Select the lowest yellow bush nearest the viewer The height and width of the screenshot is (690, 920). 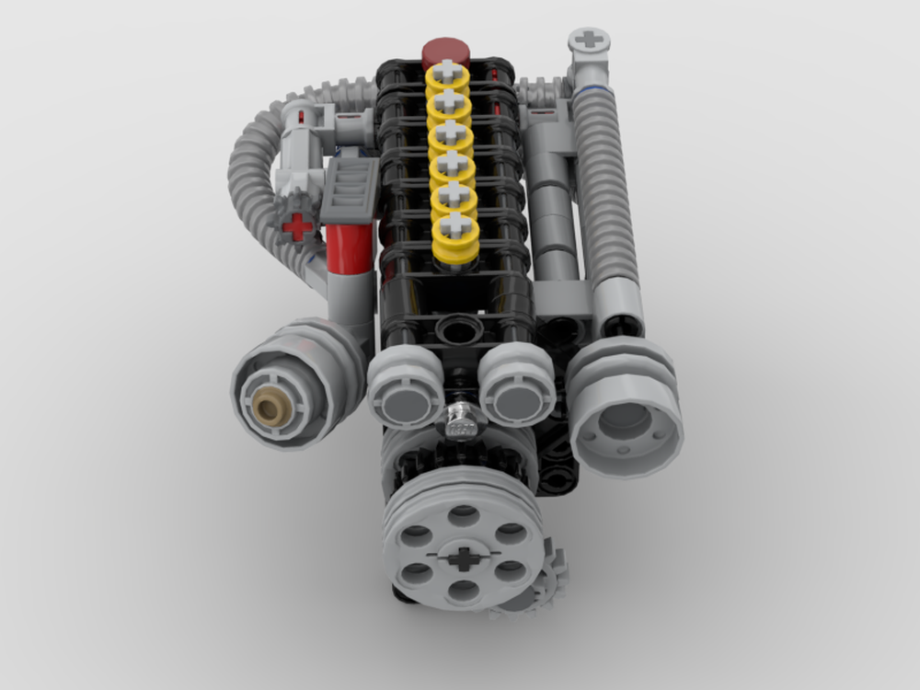tap(453, 230)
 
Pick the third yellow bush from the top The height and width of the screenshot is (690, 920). tap(450, 136)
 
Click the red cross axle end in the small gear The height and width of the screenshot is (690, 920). tap(296, 226)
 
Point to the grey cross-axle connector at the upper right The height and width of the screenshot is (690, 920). tap(589, 41)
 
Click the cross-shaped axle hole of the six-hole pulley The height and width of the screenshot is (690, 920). tap(464, 556)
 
